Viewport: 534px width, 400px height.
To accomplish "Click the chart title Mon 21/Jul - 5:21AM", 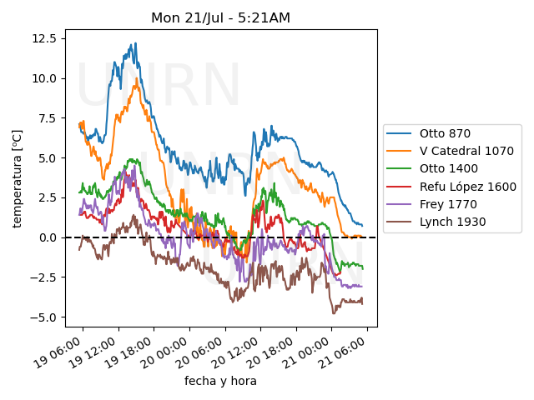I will tap(220, 17).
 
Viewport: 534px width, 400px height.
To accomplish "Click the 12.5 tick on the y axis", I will tap(43, 38).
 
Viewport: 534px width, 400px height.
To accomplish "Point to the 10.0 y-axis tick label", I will tap(43, 78).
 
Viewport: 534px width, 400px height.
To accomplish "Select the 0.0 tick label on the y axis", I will tap(47, 237).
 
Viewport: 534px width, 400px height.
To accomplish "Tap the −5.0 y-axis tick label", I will tap(43, 317).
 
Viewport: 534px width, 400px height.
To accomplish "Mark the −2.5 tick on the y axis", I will tap(43, 277).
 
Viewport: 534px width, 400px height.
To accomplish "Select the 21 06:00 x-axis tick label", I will tap(342, 353).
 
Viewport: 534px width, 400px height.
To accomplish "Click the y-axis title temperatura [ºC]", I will tap(17, 178).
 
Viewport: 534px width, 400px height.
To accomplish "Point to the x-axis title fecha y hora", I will tap(220, 381).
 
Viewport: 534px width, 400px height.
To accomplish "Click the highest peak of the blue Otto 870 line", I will tap(134, 43).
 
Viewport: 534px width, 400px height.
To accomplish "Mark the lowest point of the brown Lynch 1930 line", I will tap(334, 313).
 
